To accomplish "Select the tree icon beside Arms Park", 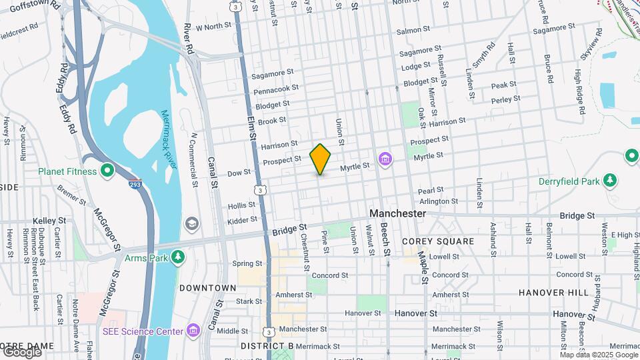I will coord(177,257).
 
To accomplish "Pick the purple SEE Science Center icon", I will coord(193,331).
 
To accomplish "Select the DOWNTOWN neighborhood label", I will coord(207,288).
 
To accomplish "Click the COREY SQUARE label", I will coord(438,241).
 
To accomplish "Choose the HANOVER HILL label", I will coord(554,293).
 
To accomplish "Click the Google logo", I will coord(21,352).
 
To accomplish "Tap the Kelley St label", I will coord(49,220).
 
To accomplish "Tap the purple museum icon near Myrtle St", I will coord(385,159).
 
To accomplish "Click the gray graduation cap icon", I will coord(192,223).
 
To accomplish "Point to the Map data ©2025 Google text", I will coord(599,355).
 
